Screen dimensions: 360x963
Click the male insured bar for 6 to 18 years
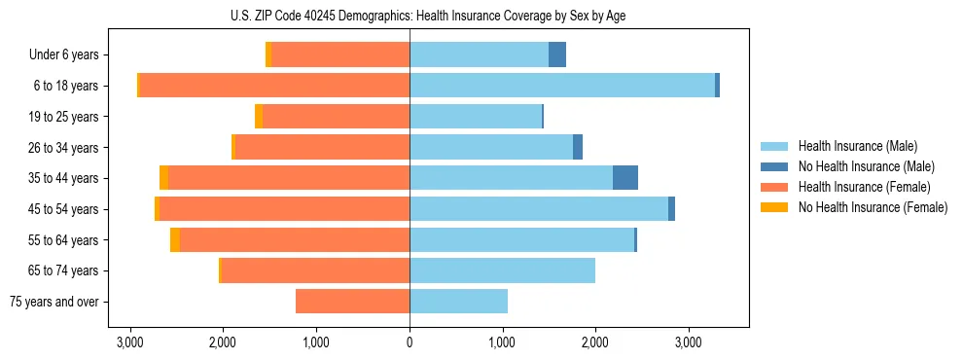(x=562, y=86)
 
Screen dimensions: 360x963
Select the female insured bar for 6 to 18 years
(x=274, y=86)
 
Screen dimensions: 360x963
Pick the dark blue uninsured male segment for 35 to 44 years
(x=625, y=178)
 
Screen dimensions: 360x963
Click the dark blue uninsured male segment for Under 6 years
(x=557, y=55)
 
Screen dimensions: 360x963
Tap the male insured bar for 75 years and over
(x=458, y=302)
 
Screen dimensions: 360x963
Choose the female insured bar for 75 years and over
(x=352, y=302)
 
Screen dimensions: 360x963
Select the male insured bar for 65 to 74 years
(x=502, y=270)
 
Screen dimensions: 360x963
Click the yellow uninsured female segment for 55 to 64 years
(x=175, y=239)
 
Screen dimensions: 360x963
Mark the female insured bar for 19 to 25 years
(x=336, y=117)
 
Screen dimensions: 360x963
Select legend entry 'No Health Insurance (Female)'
(x=873, y=207)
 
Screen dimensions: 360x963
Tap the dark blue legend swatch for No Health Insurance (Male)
(x=775, y=166)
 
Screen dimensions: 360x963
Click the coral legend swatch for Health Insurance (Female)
(x=775, y=187)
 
